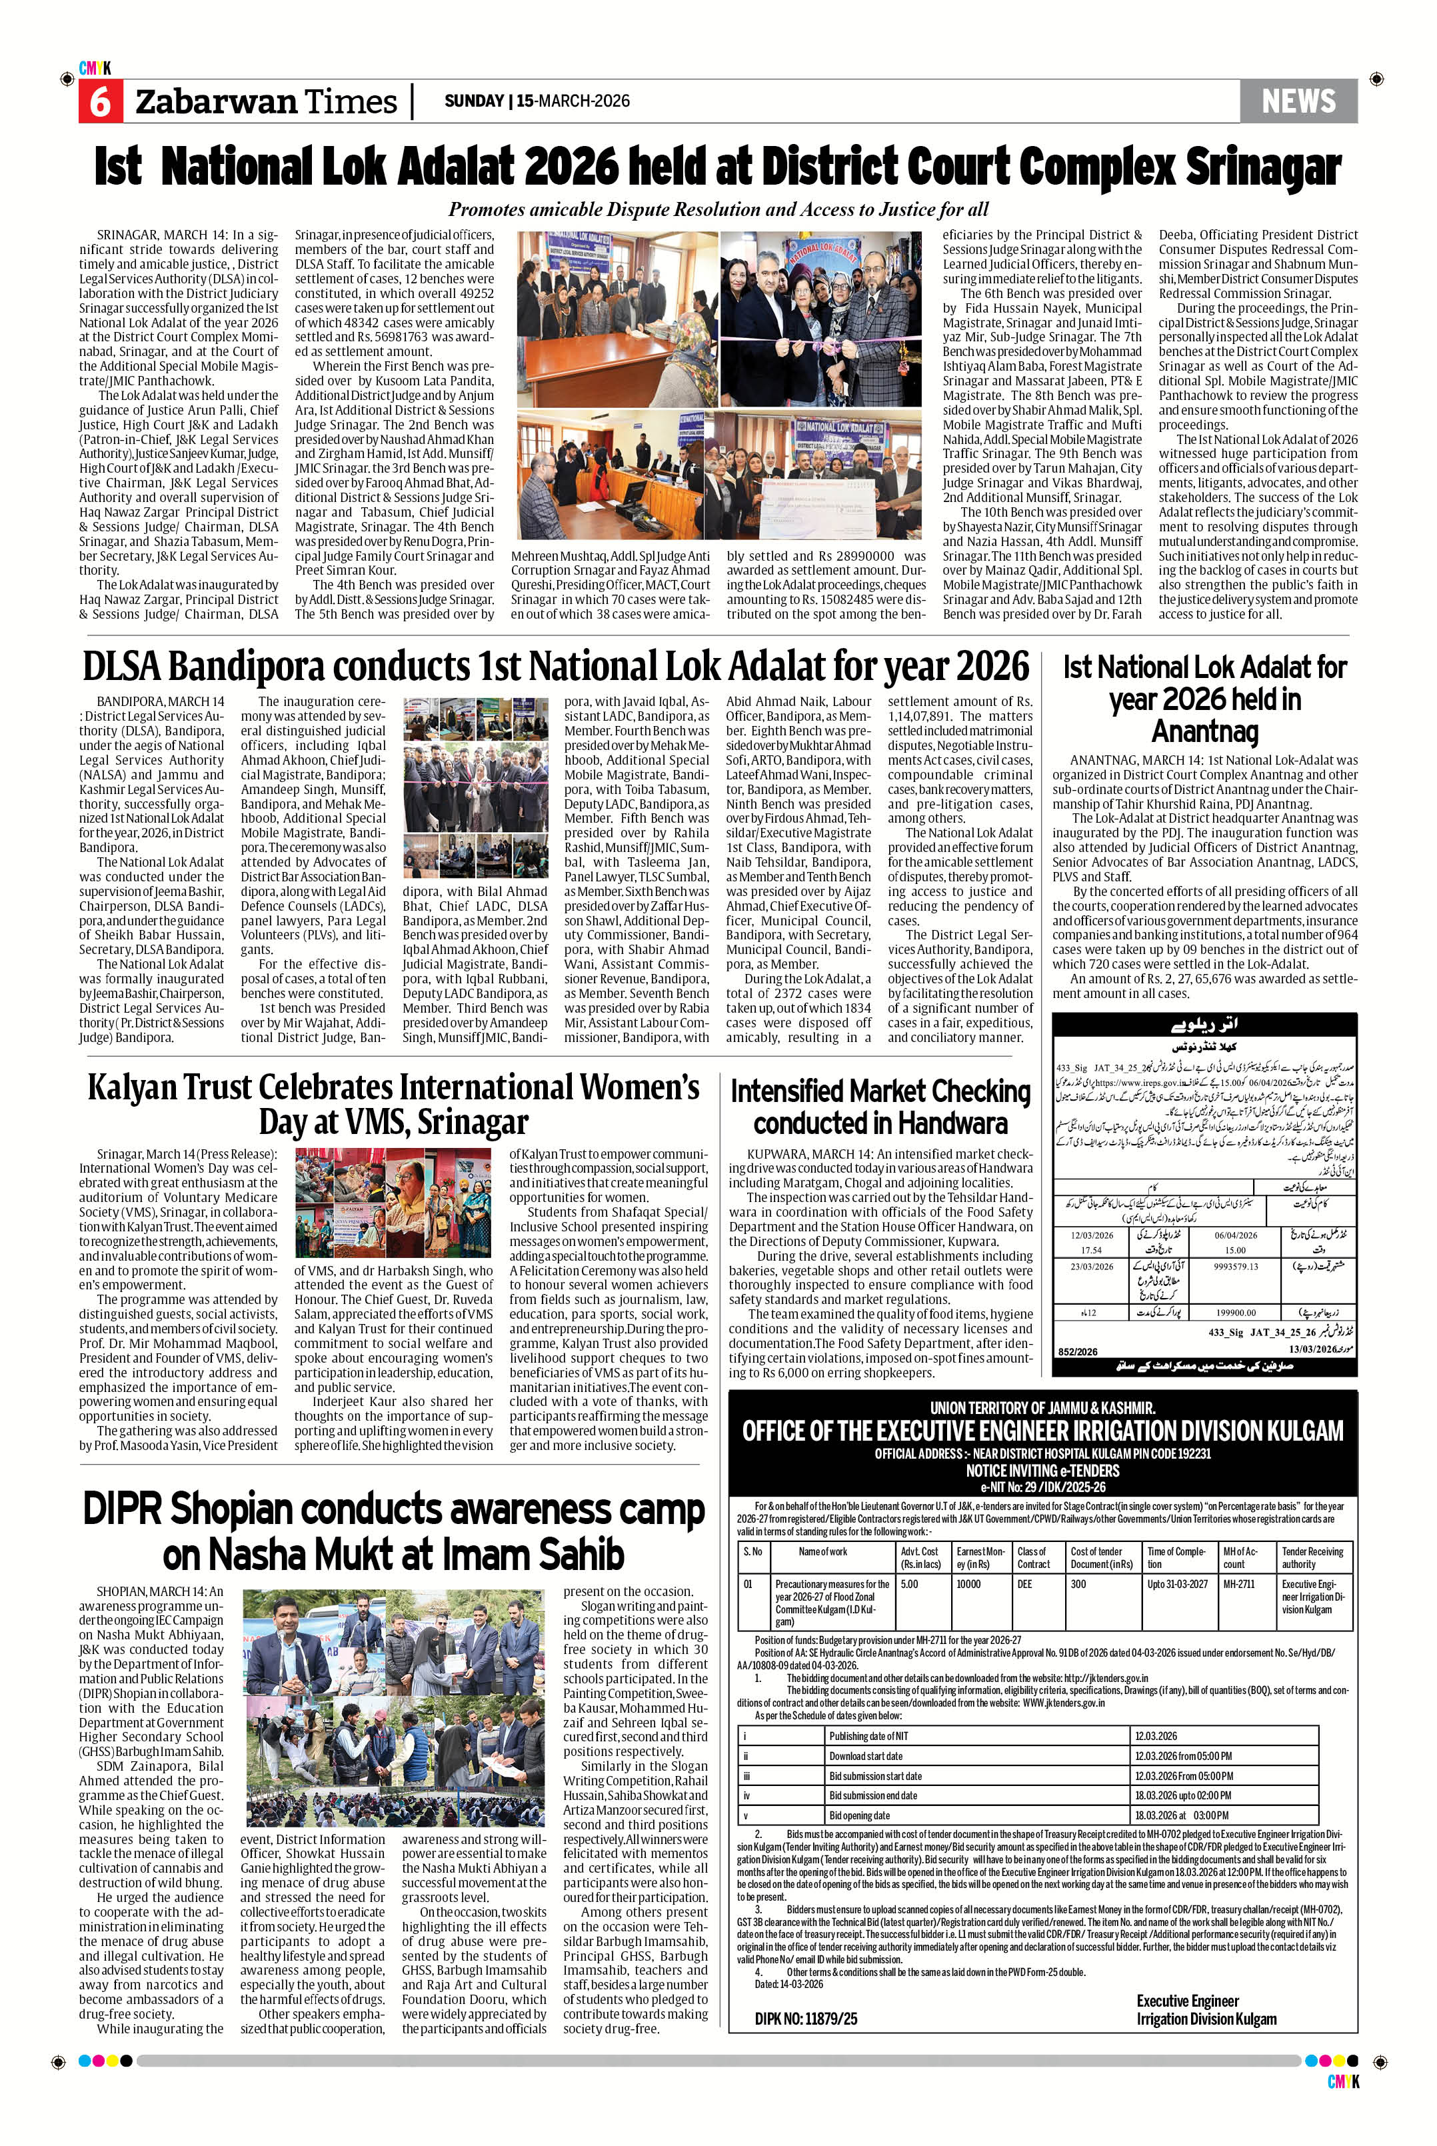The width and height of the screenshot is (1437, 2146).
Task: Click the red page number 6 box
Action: click(x=99, y=101)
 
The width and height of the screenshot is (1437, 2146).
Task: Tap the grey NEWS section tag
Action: click(x=1298, y=101)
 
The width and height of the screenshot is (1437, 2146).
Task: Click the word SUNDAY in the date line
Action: click(x=474, y=101)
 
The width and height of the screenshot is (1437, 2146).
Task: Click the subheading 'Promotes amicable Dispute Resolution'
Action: click(x=718, y=210)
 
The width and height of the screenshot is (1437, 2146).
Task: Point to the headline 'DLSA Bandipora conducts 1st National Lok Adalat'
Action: click(x=555, y=667)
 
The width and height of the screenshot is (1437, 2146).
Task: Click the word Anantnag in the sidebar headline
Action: click(x=1204, y=731)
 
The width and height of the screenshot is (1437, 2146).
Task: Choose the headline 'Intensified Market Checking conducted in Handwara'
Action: click(x=880, y=1107)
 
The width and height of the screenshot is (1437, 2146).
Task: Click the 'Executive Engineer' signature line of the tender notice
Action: click(x=1187, y=2001)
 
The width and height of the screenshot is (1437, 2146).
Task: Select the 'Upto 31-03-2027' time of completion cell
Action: click(x=1177, y=1584)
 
